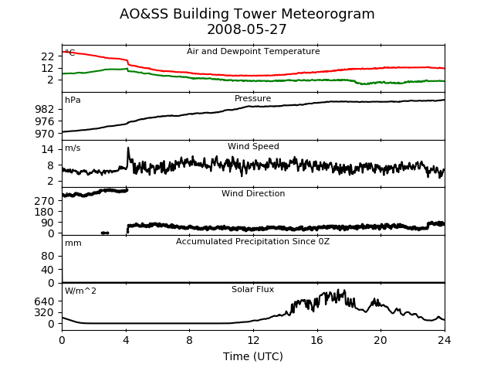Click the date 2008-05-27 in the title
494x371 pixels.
coord(247,29)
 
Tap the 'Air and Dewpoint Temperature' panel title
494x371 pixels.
coord(253,51)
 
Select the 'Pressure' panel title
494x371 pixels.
coord(252,98)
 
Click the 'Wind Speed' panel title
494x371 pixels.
coord(253,146)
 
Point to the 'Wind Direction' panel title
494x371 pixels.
coord(253,193)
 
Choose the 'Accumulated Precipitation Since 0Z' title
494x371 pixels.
coord(252,241)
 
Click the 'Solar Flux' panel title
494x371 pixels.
coord(252,289)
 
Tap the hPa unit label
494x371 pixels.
coord(73,100)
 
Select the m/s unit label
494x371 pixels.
coord(73,148)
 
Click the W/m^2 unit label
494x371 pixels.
coord(80,291)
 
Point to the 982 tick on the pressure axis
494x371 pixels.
coord(45,109)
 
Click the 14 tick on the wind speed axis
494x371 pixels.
coord(48,149)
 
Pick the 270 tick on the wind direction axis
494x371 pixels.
coord(45,201)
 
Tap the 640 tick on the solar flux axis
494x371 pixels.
coord(45,301)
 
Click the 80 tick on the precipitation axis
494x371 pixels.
coord(48,256)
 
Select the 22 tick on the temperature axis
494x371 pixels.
coord(48,56)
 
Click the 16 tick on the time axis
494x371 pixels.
coord(317,340)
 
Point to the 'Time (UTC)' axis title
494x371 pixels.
coord(253,356)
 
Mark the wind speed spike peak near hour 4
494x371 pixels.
coord(128,148)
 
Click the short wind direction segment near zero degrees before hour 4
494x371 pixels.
coord(105,233)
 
